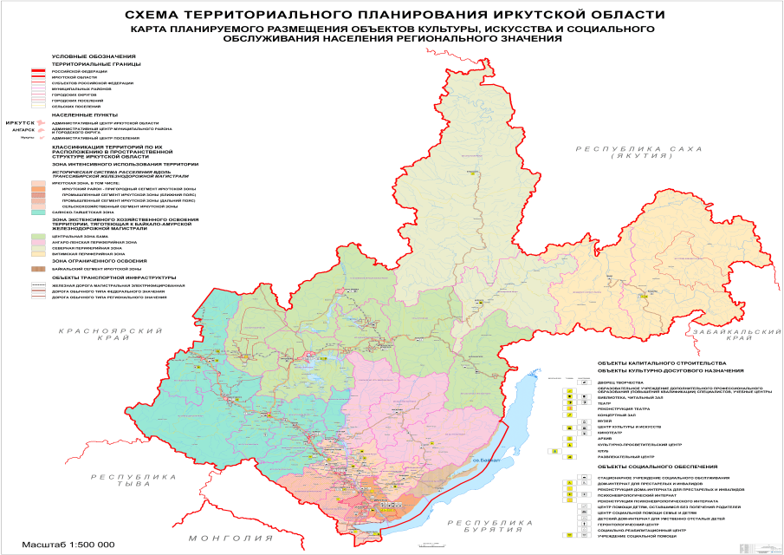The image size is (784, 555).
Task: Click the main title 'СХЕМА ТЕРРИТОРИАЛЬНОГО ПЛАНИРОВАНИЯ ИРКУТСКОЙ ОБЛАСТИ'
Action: click(x=392, y=15)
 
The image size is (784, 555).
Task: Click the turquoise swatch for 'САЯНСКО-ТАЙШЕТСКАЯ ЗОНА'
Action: click(x=38, y=212)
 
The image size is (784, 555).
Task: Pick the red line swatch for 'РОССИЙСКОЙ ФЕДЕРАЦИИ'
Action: click(x=38, y=70)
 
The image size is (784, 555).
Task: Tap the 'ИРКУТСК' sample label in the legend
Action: click(x=19, y=124)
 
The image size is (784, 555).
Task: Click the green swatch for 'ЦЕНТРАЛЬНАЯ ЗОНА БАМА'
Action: click(x=38, y=235)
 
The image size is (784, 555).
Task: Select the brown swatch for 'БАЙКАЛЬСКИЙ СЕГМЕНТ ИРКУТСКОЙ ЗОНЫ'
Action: click(x=38, y=269)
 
